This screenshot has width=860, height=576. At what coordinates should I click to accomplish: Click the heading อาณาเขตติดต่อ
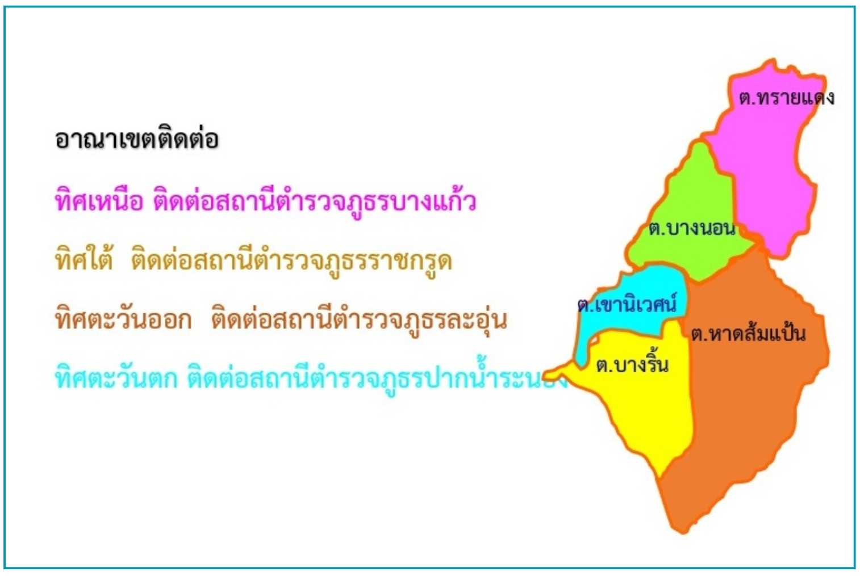tap(137, 138)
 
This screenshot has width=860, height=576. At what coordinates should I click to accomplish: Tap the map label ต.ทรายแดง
tap(786, 97)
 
